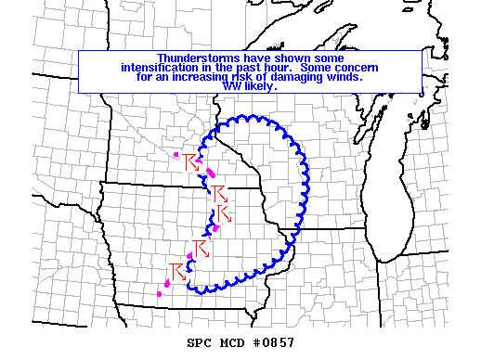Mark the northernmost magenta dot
[x=176, y=154]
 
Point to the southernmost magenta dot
[x=160, y=294]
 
